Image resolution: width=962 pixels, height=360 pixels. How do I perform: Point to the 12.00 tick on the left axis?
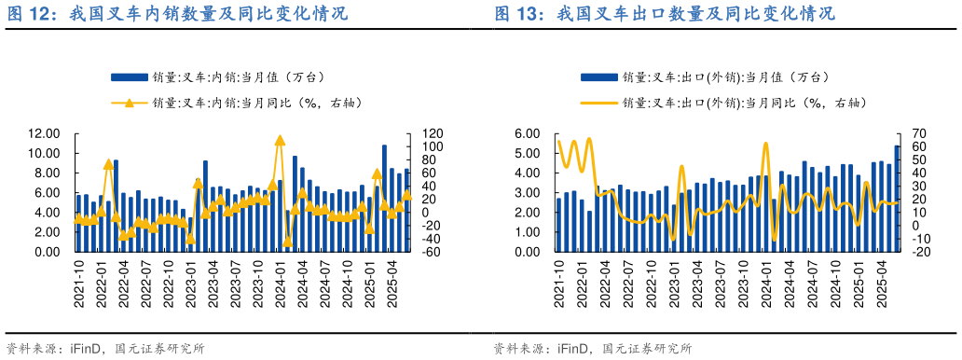point(45,133)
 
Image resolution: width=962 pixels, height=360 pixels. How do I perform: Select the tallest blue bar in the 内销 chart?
point(384,198)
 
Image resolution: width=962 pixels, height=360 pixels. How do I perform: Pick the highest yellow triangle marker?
point(279,140)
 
